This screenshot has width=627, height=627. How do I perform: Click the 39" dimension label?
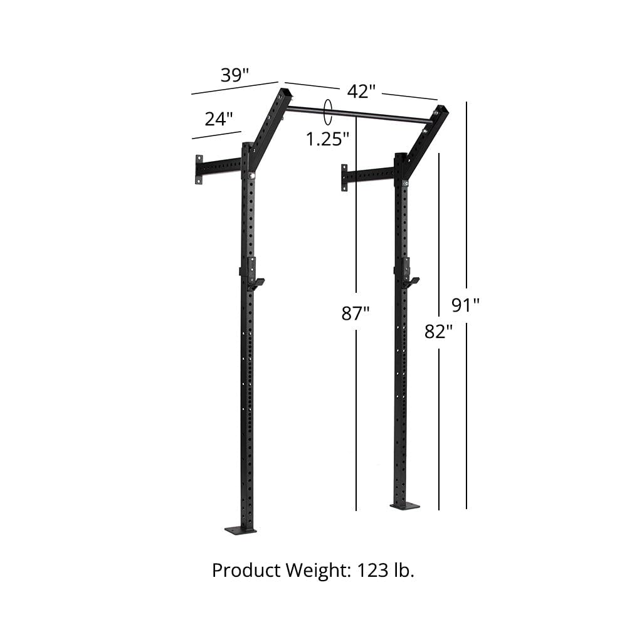pos(234,75)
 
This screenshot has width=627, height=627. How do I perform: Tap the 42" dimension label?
pos(361,92)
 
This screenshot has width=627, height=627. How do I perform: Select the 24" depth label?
pos(218,119)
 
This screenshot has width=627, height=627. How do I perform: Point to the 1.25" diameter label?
pos(327,139)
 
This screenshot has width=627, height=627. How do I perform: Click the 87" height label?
pos(356,313)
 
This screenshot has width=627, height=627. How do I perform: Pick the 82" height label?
pos(438,331)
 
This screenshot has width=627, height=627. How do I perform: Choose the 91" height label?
pos(466,305)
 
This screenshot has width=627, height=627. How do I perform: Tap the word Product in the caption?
pos(246,571)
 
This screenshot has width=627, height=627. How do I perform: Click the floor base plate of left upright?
pos(241,530)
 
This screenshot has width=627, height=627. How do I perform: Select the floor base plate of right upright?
pos(404,505)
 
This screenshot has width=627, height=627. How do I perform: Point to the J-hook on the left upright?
pos(255,283)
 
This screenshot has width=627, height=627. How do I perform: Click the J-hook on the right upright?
pos(411,282)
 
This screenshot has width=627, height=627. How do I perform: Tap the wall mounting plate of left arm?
pos(199,169)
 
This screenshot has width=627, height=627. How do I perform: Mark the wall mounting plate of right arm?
pos(344,177)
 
